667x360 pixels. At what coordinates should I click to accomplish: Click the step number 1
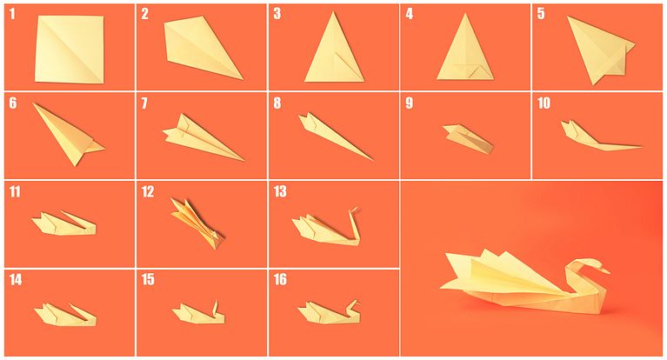point(12,14)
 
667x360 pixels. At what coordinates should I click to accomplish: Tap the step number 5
point(541,14)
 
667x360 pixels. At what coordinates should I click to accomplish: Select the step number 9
point(409,103)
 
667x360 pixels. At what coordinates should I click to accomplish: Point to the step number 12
point(148,191)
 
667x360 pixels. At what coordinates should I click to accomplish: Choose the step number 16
point(280,280)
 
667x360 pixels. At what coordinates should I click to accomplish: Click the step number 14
point(16,280)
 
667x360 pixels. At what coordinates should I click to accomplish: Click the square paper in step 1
point(70,49)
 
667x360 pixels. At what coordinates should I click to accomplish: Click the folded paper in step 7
point(200,137)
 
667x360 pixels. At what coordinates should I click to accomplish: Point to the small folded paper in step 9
point(468,137)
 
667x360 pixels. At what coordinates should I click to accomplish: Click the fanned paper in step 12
point(196,221)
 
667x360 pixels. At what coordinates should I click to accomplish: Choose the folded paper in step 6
point(68,134)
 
